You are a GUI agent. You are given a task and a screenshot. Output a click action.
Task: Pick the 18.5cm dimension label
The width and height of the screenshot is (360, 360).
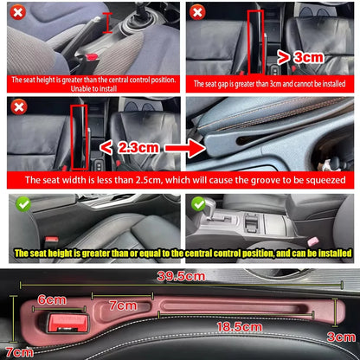[240, 327]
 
